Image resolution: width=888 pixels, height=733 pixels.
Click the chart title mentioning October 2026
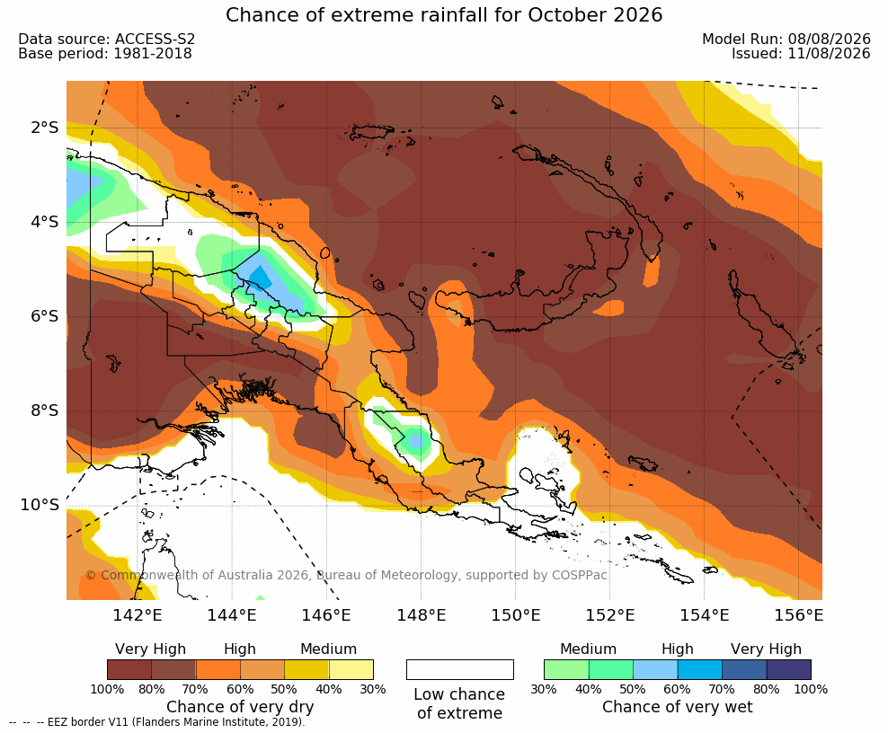444,14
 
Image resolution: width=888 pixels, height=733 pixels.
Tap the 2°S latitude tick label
44,128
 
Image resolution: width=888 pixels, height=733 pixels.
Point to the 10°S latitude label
40,504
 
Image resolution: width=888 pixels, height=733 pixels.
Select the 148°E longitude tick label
421,614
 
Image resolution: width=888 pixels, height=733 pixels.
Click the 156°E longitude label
798,614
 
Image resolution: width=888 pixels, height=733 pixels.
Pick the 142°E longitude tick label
138,614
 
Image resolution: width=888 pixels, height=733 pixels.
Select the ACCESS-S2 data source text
155,39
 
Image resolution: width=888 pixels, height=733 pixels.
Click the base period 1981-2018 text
153,53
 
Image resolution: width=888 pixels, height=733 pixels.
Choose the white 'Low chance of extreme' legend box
460,669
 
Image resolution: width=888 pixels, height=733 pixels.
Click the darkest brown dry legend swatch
129,669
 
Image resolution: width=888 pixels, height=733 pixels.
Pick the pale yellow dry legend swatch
351,669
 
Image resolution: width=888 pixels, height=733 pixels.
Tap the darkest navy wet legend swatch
789,669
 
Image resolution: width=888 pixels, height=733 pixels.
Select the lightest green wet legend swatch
566,669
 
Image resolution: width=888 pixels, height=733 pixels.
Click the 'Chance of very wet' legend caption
678,707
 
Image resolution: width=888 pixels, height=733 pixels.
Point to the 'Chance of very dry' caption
240,707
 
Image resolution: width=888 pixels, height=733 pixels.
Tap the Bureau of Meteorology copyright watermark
346,575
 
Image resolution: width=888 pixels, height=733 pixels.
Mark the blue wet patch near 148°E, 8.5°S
416,440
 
